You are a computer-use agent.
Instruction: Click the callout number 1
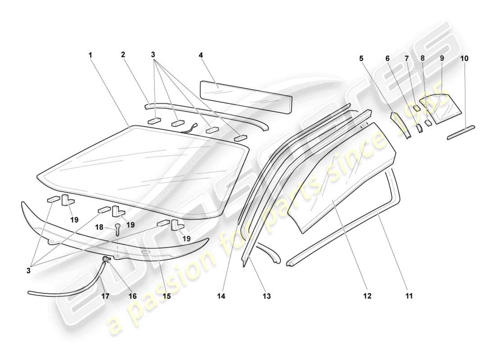90,55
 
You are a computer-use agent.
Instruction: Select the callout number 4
201,55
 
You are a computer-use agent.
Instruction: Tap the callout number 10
464,58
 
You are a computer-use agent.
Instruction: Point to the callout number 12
367,296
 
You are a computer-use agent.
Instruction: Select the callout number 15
167,296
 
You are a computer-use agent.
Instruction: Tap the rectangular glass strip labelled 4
245,96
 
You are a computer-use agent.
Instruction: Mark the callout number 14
221,296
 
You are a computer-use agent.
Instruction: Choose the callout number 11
409,296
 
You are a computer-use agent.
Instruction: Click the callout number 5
361,58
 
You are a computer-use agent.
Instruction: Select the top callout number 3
153,55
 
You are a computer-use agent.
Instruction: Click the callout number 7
407,58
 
